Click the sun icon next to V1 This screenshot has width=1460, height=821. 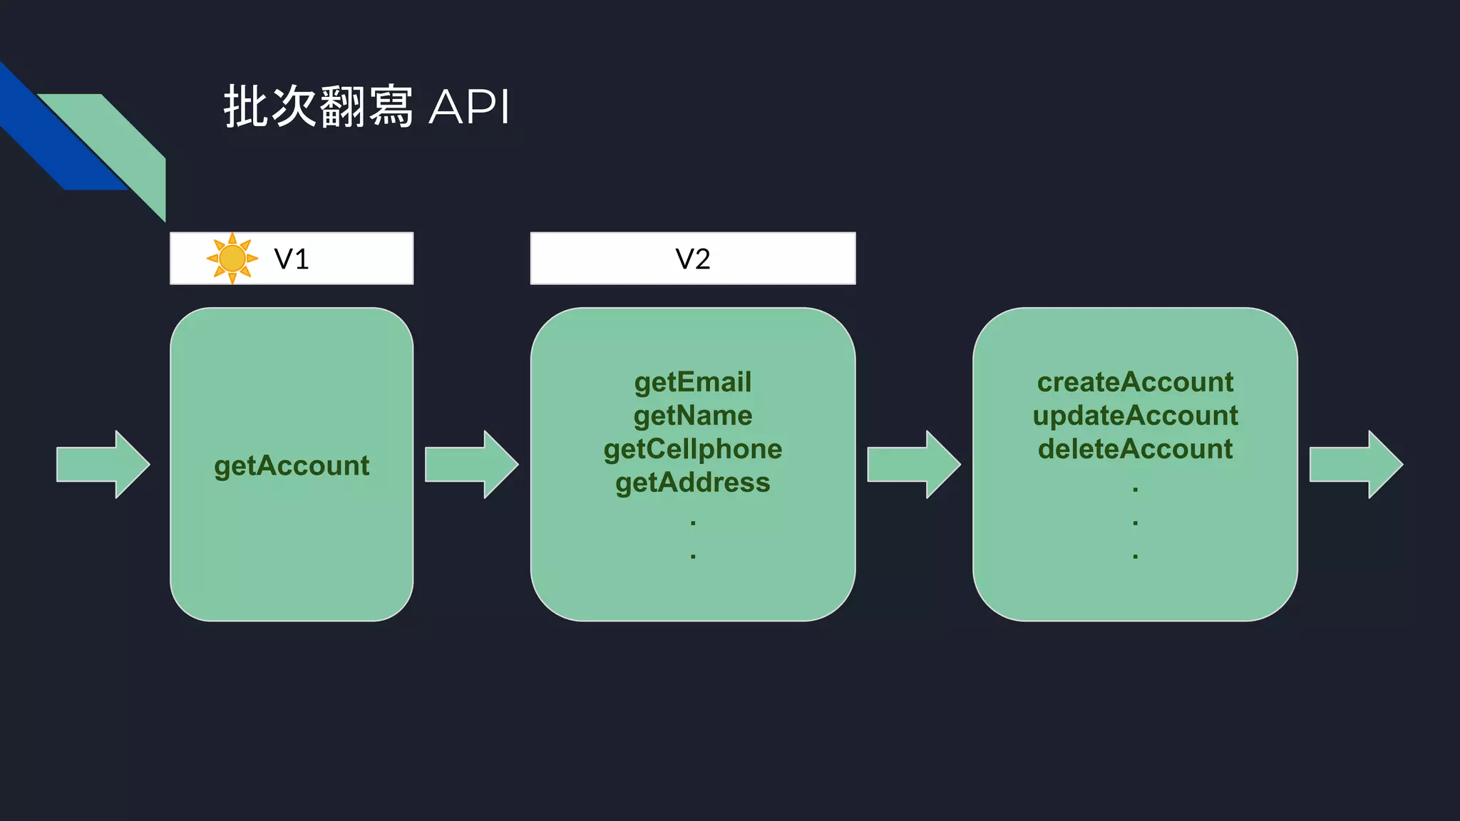coord(232,258)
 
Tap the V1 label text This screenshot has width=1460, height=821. coord(292,259)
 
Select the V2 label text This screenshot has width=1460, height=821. coord(692,259)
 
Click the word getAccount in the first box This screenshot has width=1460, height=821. coord(292,465)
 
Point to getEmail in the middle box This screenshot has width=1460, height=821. coord(692,382)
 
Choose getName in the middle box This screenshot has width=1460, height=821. coord(692,415)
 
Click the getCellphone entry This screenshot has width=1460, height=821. coord(692,449)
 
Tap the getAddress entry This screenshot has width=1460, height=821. coord(692,482)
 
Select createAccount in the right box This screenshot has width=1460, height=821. coord(1135,382)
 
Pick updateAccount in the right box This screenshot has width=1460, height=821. coord(1135,415)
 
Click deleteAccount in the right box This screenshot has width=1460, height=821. coord(1135,449)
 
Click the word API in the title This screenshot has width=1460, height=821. coord(469,108)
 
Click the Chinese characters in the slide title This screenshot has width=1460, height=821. coord(318,107)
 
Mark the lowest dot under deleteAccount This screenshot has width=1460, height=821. coord(1135,556)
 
